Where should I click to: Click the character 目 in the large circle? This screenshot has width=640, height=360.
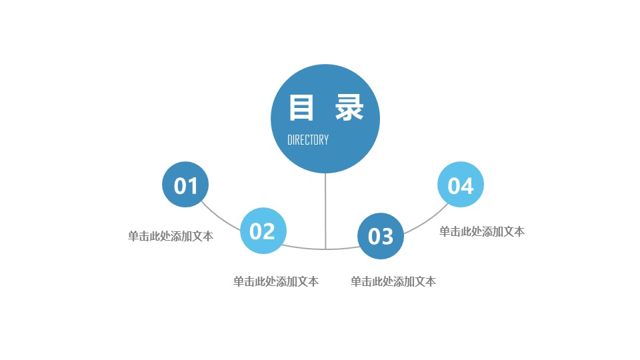pos(301,107)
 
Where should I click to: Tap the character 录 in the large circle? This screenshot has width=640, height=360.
pos(349,107)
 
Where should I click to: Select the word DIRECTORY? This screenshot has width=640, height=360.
pos(308,140)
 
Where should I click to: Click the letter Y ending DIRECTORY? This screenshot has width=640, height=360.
pos(326,140)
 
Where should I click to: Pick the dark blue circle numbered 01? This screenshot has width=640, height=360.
pos(185,185)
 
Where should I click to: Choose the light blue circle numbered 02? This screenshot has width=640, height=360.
pos(263,231)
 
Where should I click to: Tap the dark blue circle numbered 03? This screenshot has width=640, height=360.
pos(381,236)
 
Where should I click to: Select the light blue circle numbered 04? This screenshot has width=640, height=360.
pos(461,185)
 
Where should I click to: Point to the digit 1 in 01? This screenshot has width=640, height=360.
pos(193,186)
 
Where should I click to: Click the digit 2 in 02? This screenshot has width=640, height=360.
pos(269,232)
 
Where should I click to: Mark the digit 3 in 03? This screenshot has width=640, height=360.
pos(387,237)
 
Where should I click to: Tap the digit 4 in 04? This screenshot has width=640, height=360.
pos(468,186)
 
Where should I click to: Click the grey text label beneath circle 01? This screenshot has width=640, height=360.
pos(171,236)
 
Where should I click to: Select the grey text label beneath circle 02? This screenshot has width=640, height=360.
pos(276,281)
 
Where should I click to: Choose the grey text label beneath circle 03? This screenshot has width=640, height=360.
pos(393,281)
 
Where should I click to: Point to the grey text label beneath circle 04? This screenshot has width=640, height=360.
pos(482,231)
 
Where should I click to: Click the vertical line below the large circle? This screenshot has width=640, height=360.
pos(325,211)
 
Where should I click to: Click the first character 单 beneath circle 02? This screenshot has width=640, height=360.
pos(239,281)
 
